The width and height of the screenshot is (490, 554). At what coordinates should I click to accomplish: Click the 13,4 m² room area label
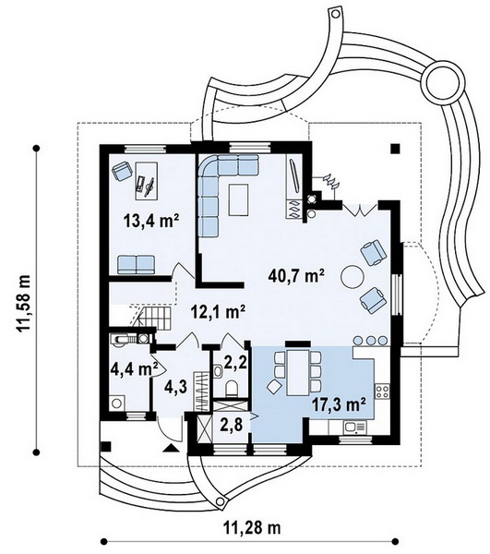click(x=150, y=222)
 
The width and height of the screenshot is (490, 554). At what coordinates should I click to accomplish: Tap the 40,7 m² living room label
click(x=296, y=276)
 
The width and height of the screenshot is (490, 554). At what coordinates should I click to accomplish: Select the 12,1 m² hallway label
click(x=218, y=312)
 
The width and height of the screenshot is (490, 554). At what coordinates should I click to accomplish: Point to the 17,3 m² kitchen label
click(x=339, y=404)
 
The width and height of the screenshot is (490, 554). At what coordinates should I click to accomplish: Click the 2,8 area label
click(x=233, y=426)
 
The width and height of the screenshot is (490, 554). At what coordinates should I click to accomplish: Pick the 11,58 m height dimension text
click(x=23, y=303)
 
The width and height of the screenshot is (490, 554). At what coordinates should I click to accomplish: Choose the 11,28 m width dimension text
click(x=252, y=528)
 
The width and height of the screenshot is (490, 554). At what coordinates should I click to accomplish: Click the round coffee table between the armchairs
click(x=352, y=277)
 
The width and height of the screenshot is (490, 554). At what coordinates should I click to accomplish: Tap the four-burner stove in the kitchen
click(x=382, y=391)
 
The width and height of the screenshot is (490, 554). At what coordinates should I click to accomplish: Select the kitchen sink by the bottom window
click(x=354, y=428)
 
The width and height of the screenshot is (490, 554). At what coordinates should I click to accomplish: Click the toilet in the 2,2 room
click(x=232, y=389)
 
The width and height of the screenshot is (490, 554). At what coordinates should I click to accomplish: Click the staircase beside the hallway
click(x=153, y=317)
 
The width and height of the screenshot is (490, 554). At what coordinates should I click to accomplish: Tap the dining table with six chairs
click(x=297, y=372)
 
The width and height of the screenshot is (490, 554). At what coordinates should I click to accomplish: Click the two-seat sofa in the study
click(x=136, y=265)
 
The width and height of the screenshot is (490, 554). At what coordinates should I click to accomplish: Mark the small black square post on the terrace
click(x=395, y=149)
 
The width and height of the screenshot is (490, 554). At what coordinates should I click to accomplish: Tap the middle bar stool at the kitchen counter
click(x=370, y=341)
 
